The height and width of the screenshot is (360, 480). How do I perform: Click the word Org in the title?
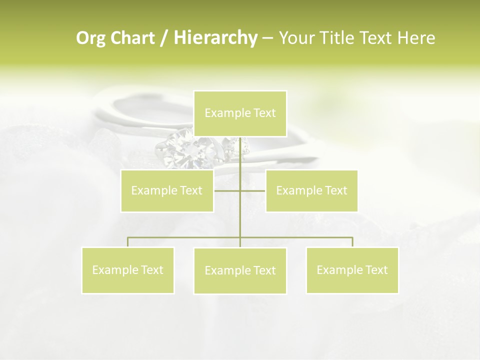pyautogui.click(x=91, y=38)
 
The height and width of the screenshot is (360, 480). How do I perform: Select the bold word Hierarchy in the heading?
pyautogui.click(x=215, y=38)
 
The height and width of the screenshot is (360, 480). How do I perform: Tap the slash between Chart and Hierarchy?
pyautogui.click(x=164, y=38)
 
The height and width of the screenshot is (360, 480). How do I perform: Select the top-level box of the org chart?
pyautogui.click(x=240, y=113)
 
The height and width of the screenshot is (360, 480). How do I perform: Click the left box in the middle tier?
pyautogui.click(x=167, y=190)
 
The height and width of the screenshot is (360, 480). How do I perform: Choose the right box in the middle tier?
pyautogui.click(x=311, y=190)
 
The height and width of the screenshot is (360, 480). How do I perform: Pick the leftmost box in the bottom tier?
pyautogui.click(x=128, y=270)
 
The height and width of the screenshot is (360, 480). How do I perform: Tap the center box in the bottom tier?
pyautogui.click(x=240, y=270)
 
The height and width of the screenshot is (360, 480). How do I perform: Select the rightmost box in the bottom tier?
pyautogui.click(x=352, y=270)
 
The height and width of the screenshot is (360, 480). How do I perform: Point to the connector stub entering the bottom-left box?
pyautogui.click(x=128, y=242)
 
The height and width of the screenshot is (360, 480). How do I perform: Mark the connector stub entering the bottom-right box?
pyautogui.click(x=352, y=242)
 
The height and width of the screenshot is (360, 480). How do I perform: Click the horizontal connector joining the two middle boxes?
pyautogui.click(x=227, y=190)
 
